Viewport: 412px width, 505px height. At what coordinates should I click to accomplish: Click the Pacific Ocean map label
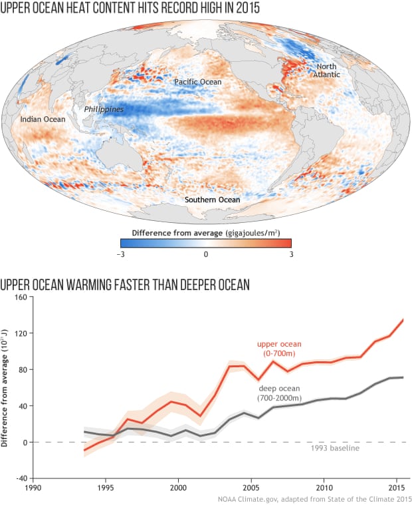pyautogui.click(x=197, y=82)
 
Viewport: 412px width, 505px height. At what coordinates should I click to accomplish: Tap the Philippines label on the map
pyautogui.click(x=103, y=108)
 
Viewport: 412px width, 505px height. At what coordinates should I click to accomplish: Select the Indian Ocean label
pyautogui.click(x=43, y=120)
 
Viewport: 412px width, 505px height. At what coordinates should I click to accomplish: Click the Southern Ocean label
pyautogui.click(x=213, y=199)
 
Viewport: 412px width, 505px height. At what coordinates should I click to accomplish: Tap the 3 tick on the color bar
pyautogui.click(x=290, y=254)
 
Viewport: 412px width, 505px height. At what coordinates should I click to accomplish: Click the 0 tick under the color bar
pyautogui.click(x=206, y=254)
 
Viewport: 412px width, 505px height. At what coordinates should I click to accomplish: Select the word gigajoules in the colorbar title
pyautogui.click(x=229, y=232)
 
